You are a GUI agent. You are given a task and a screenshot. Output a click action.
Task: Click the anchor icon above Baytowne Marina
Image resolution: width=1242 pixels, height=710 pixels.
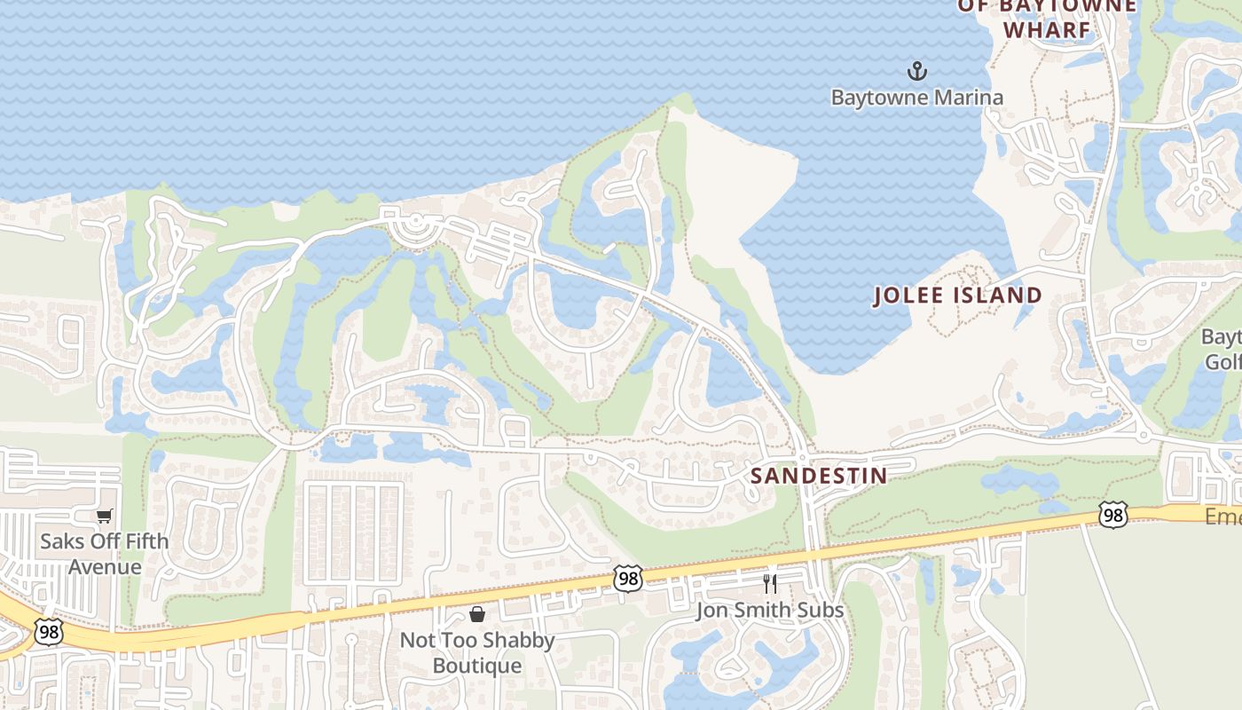tap(916, 70)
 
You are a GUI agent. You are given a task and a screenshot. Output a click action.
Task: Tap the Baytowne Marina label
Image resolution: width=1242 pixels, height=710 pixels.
tap(916, 97)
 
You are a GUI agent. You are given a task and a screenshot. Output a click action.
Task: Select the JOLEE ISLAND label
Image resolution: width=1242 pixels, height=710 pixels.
tap(957, 296)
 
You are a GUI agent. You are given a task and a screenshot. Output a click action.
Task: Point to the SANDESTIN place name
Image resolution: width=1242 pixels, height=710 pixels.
tap(818, 475)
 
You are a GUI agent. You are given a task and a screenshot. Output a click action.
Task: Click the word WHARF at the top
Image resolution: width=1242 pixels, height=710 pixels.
tap(1046, 29)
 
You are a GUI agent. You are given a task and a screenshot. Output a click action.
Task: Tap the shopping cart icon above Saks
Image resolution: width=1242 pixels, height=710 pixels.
tap(105, 516)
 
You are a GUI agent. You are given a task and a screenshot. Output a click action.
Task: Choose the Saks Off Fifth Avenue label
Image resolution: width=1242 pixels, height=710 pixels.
tap(105, 554)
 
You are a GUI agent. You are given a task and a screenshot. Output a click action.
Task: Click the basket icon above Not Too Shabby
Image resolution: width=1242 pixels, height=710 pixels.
tap(477, 614)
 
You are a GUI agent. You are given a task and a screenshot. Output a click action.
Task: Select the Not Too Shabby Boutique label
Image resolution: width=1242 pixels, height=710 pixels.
tap(477, 652)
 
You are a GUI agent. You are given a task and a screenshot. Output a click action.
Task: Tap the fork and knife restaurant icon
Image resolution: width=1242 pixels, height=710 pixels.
tap(770, 583)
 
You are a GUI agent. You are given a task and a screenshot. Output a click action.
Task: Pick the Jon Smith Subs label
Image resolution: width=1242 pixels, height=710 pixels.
tap(770, 611)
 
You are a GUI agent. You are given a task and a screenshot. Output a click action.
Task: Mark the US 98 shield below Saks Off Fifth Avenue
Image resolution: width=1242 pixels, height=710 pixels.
tap(48, 632)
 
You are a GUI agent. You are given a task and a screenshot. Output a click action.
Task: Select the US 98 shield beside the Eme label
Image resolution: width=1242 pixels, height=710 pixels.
tap(1112, 514)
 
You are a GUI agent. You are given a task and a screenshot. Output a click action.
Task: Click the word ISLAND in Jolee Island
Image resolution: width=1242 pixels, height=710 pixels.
tap(997, 296)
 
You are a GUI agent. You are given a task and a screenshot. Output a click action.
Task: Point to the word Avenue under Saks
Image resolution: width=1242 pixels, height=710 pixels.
tap(105, 567)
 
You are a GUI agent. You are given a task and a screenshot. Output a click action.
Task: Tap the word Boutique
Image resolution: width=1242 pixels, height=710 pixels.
tap(477, 666)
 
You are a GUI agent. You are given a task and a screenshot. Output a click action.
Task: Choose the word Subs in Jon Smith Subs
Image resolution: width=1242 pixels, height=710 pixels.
tap(821, 611)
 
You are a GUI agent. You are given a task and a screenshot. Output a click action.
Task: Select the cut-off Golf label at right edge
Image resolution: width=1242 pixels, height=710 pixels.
tap(1222, 362)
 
